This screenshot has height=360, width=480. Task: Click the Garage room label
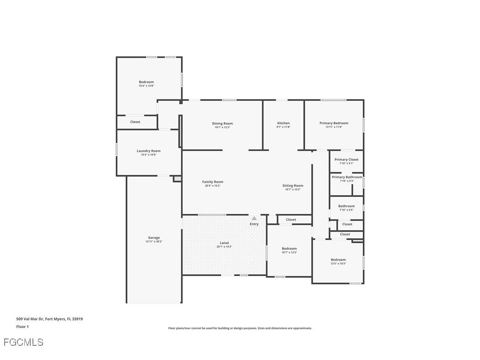154,238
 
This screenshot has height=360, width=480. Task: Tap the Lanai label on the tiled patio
224,243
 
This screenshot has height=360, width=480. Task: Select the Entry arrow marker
254,218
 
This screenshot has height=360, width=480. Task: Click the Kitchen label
283,123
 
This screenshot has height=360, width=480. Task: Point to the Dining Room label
222,123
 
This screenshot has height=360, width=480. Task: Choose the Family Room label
213,182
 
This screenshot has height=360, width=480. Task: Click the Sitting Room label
293,185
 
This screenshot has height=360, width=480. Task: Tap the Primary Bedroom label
334,123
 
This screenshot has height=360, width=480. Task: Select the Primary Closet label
346,159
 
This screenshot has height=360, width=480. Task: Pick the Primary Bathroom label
347,177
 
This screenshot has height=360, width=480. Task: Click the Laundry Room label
149,151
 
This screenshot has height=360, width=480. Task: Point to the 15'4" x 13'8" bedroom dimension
146,86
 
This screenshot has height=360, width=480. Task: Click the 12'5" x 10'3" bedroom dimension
338,263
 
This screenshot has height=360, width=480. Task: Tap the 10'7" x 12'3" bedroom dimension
289,252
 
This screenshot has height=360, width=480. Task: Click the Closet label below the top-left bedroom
135,122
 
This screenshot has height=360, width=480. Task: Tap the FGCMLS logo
23,342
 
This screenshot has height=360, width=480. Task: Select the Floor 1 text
22,327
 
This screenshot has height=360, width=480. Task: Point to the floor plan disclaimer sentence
240,328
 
